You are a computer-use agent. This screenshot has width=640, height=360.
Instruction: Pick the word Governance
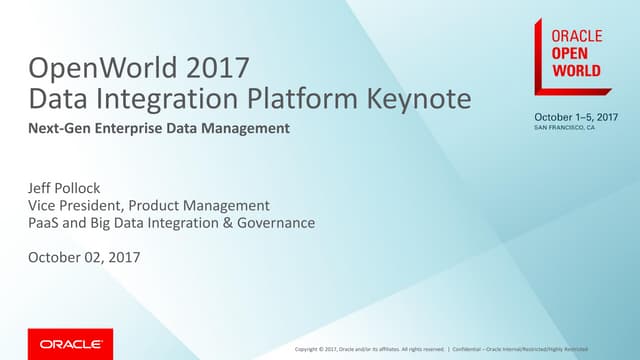(275, 222)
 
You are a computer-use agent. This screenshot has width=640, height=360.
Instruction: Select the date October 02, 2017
(86, 258)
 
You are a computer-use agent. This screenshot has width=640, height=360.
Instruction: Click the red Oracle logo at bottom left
(70, 343)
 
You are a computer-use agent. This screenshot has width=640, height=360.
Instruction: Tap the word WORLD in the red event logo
(578, 72)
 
